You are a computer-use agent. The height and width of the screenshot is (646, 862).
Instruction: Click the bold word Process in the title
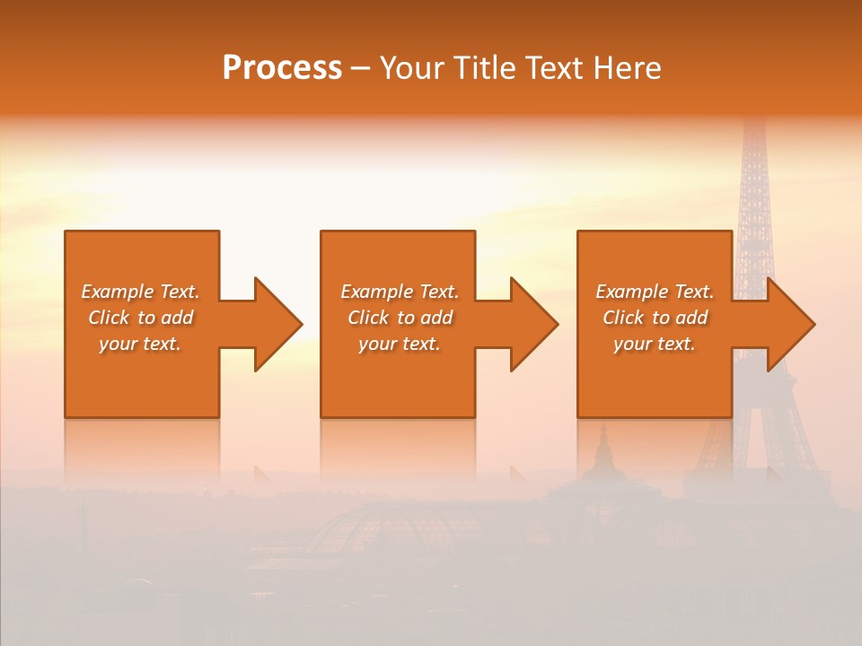point(282,68)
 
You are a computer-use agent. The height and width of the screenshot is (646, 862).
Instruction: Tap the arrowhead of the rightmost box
point(789,324)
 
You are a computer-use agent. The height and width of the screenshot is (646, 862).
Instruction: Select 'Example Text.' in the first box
point(140,292)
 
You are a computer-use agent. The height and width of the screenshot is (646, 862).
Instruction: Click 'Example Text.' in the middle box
point(400,292)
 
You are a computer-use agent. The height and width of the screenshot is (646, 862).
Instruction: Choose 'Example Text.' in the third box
point(655,292)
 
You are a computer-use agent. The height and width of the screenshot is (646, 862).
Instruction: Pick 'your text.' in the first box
point(140,344)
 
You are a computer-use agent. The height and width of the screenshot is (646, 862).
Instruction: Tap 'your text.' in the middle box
point(400,344)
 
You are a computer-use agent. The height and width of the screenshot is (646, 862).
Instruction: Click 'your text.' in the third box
point(655,344)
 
